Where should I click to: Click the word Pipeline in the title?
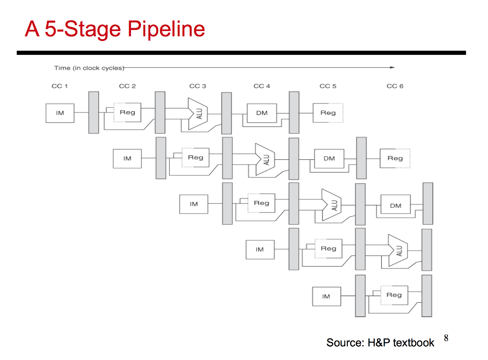tap(166, 29)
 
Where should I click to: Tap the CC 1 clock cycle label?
tap(60, 86)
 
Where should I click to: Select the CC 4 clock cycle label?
tap(262, 86)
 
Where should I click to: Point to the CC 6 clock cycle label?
tap(395, 86)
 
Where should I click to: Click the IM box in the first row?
tap(60, 113)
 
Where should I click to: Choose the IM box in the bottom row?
tap(326, 296)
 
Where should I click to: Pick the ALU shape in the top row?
tap(198, 114)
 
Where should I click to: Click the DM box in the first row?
tap(262, 113)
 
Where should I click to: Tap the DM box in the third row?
tap(396, 204)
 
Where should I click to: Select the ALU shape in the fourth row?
tap(398, 250)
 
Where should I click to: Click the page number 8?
tap(446, 338)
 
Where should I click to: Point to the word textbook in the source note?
tap(413, 343)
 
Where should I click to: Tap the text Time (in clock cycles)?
tap(89, 68)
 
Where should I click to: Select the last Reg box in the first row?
tap(328, 113)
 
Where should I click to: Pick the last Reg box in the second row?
tap(395, 158)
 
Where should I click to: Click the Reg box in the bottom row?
tap(394, 295)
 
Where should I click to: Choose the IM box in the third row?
tap(193, 204)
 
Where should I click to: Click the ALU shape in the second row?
tap(265, 159)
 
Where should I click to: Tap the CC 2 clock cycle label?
tap(127, 86)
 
